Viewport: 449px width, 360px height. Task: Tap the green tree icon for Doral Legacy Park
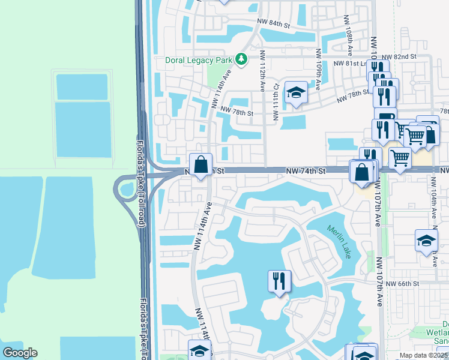(240, 59)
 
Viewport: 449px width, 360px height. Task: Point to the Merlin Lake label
(339, 241)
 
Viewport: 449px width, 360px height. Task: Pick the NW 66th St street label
(402, 284)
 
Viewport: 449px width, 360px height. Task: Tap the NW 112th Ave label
(262, 71)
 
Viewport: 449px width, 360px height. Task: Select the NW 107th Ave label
(379, 282)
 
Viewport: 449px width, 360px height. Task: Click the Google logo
(20, 353)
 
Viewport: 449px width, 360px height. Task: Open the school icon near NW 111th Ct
(296, 92)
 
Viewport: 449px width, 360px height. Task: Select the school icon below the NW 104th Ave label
(426, 241)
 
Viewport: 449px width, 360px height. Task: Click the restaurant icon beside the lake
(279, 281)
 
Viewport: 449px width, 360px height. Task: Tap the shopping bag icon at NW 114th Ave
(201, 164)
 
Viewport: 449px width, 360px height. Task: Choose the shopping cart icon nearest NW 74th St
(399, 159)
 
